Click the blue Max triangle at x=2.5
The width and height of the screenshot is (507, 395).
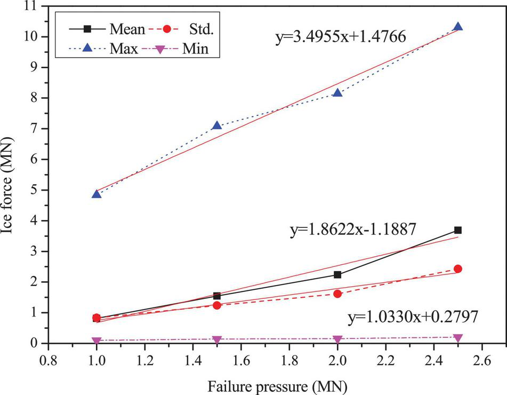(457, 27)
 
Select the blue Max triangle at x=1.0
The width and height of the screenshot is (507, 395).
(96, 194)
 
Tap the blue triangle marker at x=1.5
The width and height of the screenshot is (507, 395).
(216, 126)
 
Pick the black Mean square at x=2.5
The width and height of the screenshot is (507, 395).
(457, 230)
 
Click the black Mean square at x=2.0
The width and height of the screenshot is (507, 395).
(337, 275)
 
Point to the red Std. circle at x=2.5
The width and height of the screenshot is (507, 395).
(457, 269)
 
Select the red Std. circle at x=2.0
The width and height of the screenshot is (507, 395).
(337, 294)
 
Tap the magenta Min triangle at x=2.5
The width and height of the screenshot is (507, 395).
(457, 338)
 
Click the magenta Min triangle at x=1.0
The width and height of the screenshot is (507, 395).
(96, 341)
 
